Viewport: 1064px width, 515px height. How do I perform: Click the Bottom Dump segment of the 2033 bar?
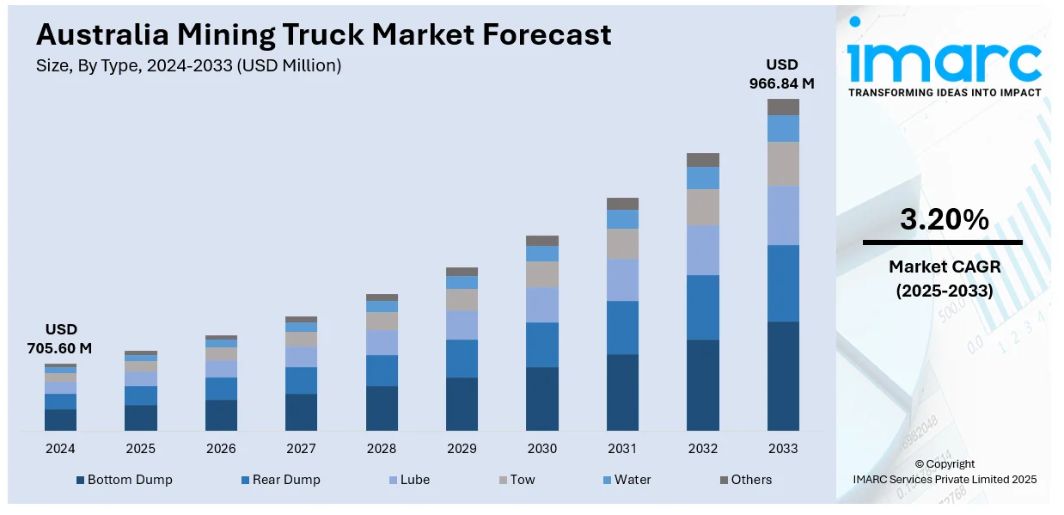(783, 376)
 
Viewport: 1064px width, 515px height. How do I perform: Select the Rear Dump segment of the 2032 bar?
(703, 307)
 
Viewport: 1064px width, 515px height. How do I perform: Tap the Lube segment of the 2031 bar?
(622, 279)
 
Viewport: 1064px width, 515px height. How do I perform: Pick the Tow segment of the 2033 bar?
(783, 163)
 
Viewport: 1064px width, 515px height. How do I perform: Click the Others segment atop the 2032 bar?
(703, 160)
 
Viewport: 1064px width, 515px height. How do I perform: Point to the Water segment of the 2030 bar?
(542, 254)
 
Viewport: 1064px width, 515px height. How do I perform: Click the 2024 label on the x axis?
(60, 449)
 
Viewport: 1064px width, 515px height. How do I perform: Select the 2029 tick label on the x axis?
(462, 449)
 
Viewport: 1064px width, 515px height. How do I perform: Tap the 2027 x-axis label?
(301, 449)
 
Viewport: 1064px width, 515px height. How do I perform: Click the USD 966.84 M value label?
(781, 74)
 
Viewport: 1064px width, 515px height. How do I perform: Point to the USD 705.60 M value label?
(60, 339)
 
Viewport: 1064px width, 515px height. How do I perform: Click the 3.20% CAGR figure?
(944, 220)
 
